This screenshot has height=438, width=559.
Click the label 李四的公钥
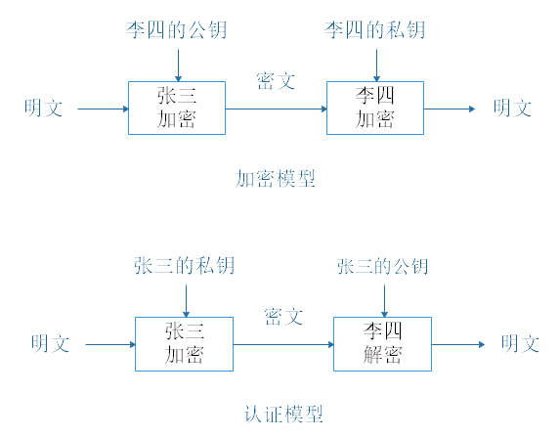176,30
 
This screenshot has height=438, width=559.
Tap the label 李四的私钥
375,30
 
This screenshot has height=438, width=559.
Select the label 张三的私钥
184,266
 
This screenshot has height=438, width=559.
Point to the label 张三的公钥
383,266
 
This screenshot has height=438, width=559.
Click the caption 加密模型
275,179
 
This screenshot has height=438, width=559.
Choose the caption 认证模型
283,414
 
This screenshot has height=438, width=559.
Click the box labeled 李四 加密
375,108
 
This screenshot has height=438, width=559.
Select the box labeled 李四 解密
383,343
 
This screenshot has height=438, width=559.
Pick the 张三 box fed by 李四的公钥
177,108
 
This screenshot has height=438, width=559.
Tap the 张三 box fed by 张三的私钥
184,343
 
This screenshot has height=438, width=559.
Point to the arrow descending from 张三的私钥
185,299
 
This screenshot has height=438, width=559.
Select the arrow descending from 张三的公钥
384,299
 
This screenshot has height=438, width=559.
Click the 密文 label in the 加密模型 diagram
276,81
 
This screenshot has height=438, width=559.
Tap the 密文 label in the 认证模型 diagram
283,317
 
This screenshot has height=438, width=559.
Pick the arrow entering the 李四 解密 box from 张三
283,344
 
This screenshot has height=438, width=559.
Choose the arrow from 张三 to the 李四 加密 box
276,109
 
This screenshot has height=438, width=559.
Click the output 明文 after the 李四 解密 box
520,344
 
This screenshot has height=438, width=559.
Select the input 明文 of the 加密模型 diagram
44,108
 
